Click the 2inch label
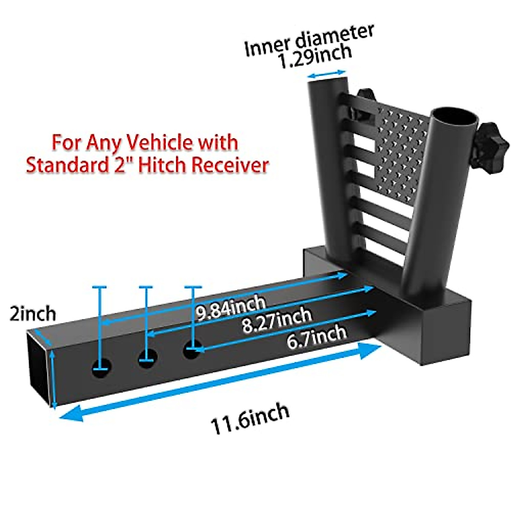coord(33,314)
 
